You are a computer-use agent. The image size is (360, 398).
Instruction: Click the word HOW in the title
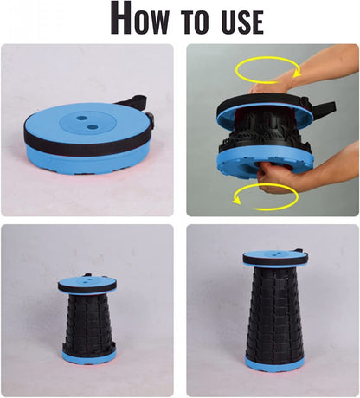click(x=139, y=17)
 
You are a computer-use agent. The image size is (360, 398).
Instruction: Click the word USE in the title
click(x=242, y=22)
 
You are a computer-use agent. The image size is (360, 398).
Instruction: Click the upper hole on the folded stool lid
click(x=81, y=118)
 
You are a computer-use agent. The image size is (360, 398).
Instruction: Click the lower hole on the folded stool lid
click(x=93, y=126)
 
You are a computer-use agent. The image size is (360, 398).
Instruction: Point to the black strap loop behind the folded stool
click(x=131, y=100)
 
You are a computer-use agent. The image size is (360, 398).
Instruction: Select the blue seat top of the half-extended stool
click(x=87, y=280)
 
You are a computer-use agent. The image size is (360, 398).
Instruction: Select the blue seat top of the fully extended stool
click(x=273, y=254)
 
